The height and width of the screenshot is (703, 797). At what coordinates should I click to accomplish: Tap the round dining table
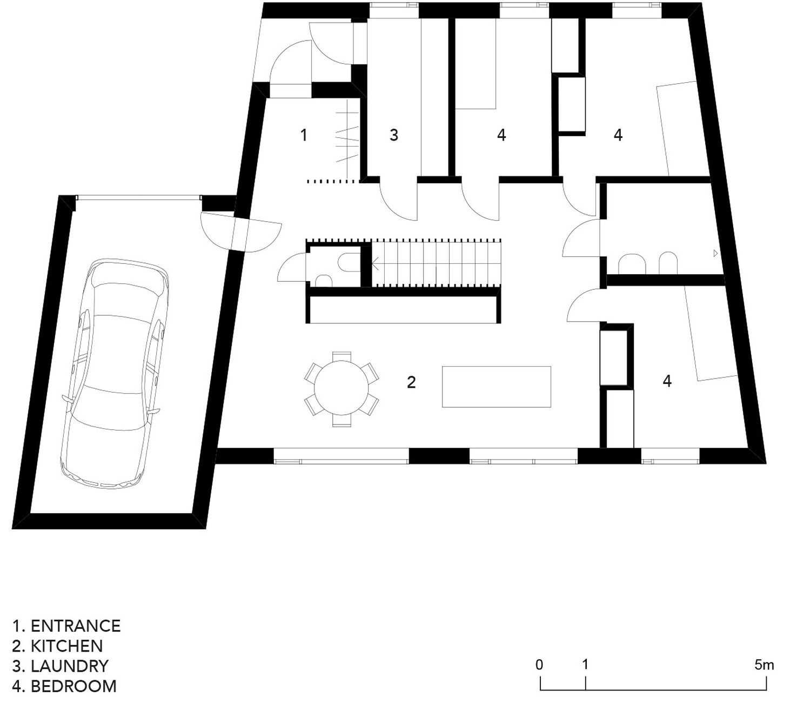[341, 389]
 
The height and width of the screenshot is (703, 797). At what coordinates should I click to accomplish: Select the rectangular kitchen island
[496, 387]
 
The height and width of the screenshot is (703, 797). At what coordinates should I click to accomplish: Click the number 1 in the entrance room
[304, 135]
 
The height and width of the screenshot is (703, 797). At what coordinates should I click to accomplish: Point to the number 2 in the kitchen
[411, 382]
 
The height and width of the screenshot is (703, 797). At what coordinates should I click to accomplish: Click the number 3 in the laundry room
[394, 135]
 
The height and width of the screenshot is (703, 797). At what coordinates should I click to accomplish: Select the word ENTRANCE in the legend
[76, 626]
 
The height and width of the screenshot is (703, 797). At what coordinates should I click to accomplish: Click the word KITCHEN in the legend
[67, 646]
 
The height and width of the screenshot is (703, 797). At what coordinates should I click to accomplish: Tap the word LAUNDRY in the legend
[70, 666]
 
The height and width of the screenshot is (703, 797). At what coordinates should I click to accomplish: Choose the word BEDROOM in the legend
[73, 686]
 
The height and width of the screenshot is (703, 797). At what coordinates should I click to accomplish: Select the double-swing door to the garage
[241, 233]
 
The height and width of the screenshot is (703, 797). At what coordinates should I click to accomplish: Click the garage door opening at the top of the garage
[138, 198]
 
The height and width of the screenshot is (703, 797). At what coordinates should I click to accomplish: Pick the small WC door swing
[291, 267]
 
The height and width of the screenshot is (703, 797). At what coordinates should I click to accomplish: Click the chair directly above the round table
[341, 356]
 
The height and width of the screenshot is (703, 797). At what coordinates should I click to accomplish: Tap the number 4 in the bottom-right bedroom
[667, 381]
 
